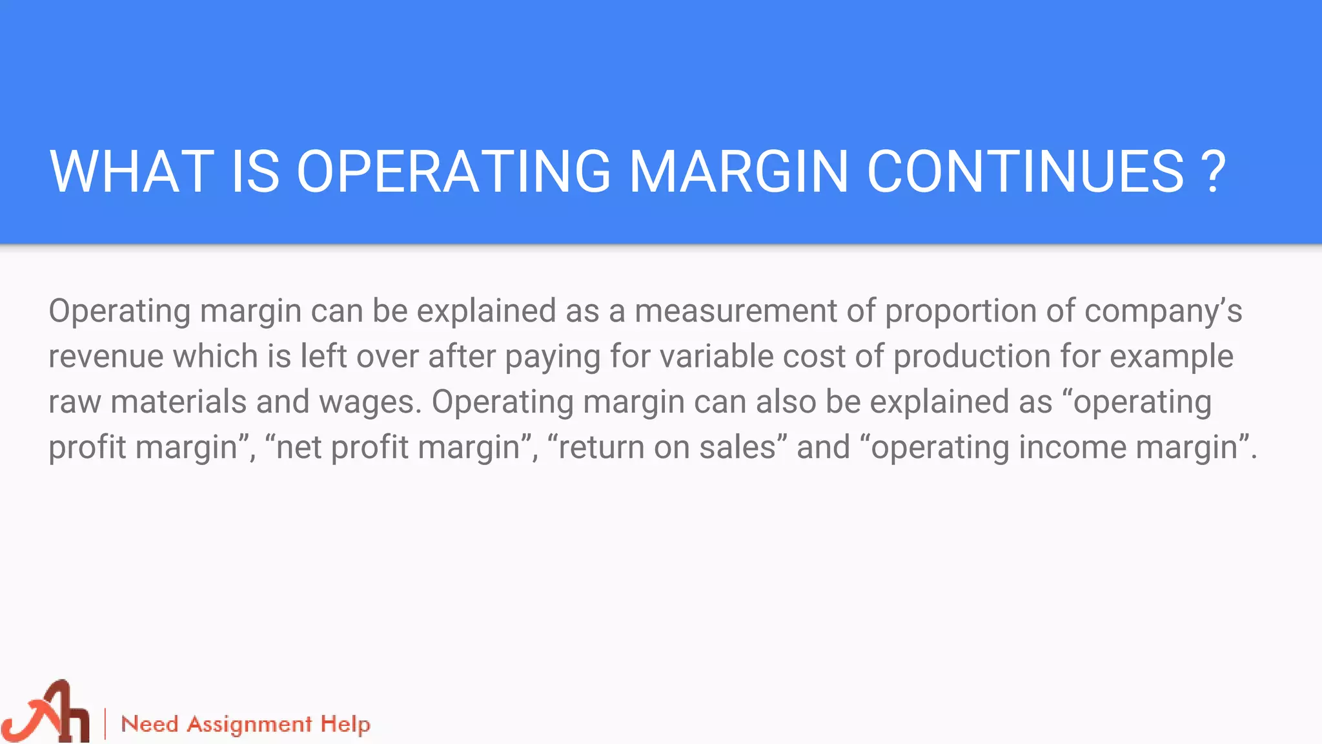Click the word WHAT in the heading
tap(132, 171)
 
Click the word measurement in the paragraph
tap(736, 311)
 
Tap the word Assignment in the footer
tap(250, 725)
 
